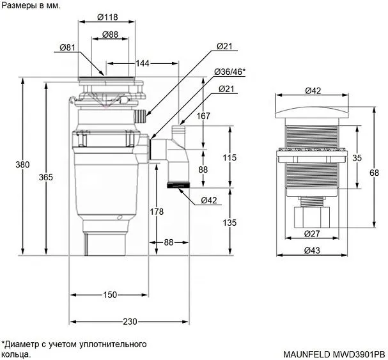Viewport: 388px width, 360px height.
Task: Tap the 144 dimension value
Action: click(x=143, y=63)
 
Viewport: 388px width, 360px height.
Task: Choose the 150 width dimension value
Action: click(x=109, y=295)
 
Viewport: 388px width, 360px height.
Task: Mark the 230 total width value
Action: click(x=130, y=321)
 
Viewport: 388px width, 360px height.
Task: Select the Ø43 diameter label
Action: click(x=311, y=250)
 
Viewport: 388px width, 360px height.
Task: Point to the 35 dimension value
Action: click(x=357, y=157)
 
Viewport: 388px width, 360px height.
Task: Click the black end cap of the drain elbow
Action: click(x=178, y=185)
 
